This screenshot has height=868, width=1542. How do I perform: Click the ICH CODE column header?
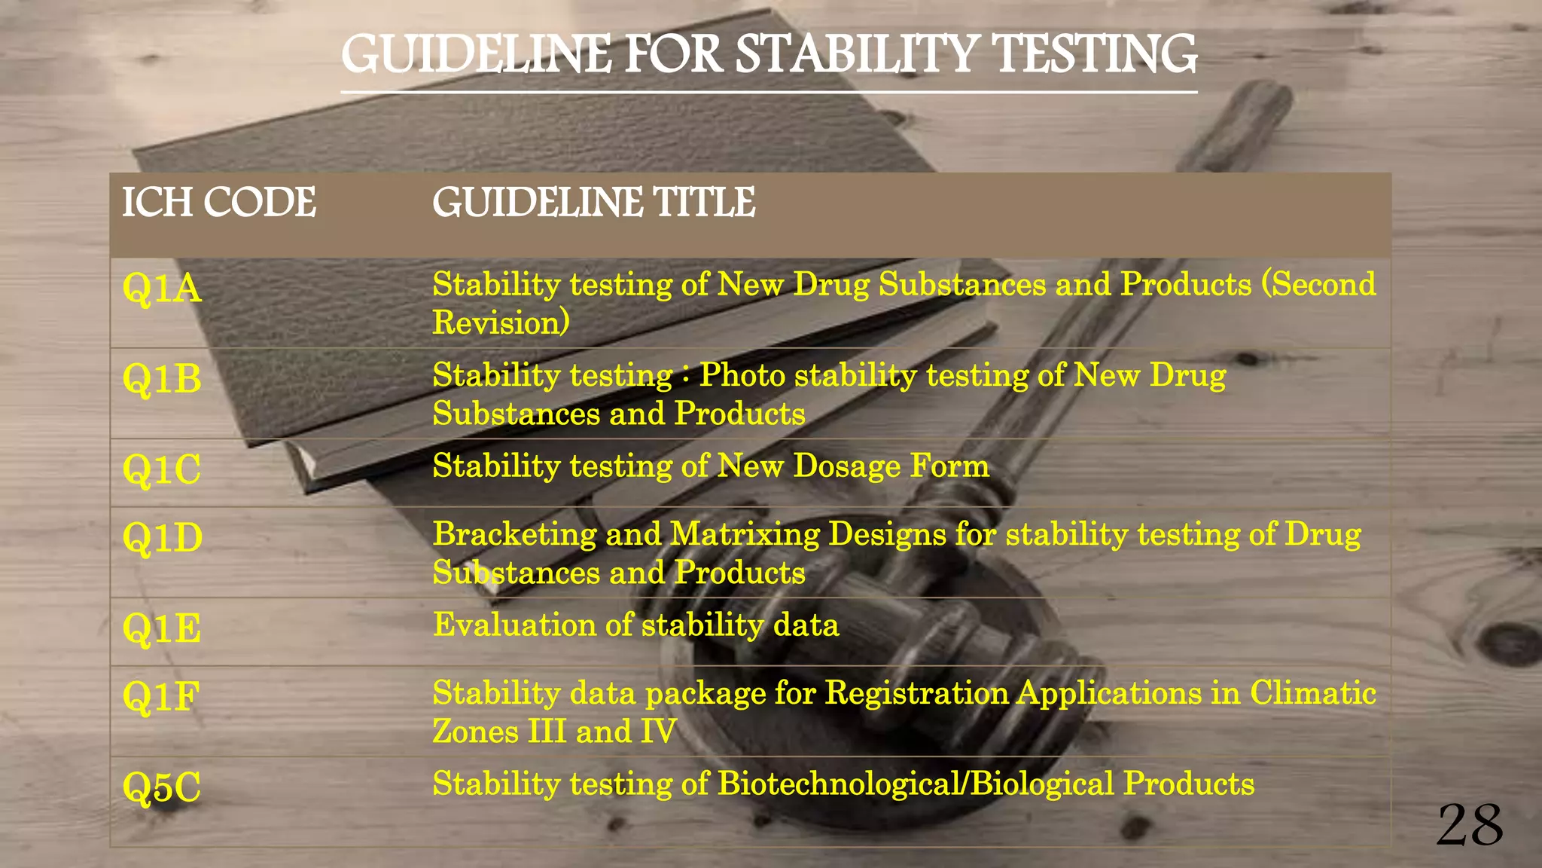click(219, 203)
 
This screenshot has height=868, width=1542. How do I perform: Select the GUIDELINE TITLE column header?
click(593, 203)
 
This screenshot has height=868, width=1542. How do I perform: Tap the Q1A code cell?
click(162, 289)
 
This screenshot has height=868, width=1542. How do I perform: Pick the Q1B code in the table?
click(162, 378)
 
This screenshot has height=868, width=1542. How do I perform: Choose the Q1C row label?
click(162, 469)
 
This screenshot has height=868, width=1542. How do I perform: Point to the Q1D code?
click(163, 538)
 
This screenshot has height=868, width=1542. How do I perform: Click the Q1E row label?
click(162, 628)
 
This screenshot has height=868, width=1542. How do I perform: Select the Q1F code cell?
click(161, 696)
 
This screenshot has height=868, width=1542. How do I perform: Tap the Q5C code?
click(162, 787)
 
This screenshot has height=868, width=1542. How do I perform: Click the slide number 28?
click(1470, 826)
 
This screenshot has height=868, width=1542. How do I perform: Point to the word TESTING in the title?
click(1093, 54)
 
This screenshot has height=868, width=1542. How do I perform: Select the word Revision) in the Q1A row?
click(501, 322)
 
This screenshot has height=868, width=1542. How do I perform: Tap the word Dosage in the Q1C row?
click(846, 466)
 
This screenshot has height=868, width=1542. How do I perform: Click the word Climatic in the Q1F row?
click(1313, 693)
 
